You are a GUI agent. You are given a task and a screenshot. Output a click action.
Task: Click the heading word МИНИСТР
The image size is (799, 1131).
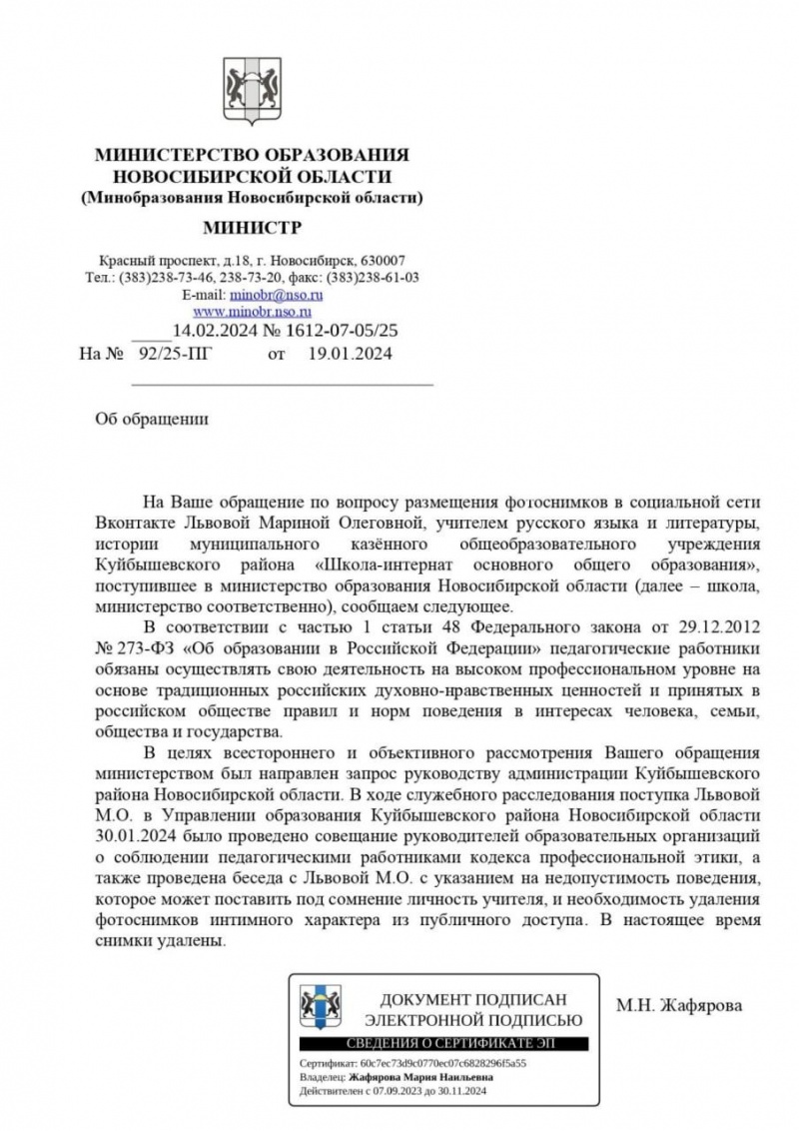252,227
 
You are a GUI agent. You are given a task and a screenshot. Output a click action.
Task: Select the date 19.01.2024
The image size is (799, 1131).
350,353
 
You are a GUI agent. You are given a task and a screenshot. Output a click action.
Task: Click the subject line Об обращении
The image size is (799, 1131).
151,419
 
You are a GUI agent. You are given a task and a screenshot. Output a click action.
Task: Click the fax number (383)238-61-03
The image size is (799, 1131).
372,277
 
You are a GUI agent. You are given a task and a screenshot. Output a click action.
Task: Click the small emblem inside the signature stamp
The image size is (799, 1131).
321,1006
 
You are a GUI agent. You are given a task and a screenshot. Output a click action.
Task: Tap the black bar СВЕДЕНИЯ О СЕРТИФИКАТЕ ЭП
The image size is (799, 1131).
443,1044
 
